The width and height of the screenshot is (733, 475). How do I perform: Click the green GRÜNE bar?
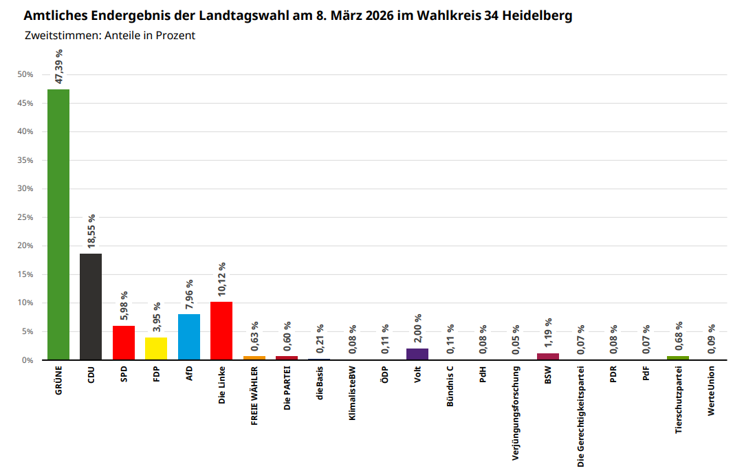(58, 224)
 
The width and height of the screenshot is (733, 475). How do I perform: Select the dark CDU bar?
(91, 307)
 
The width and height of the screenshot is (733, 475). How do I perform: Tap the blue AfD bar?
(189, 337)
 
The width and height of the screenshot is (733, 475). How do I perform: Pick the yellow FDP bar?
(156, 349)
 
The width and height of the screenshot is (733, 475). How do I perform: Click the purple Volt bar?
(417, 355)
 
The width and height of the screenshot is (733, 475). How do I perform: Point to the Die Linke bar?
(221, 331)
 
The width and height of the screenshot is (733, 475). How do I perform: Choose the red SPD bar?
(123, 343)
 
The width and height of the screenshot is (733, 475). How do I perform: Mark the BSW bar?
(548, 357)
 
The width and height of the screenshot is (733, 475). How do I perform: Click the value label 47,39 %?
(58, 67)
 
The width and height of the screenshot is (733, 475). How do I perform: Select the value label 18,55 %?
(91, 231)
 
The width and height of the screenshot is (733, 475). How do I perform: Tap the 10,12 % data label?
(221, 279)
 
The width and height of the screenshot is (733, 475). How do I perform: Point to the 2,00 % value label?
(417, 329)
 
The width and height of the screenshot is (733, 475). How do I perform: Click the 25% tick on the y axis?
(25, 217)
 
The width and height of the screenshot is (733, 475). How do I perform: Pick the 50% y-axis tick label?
(25, 74)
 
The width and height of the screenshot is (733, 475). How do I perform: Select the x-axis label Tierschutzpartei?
(678, 400)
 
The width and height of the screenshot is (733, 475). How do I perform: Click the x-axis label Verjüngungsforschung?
(515, 413)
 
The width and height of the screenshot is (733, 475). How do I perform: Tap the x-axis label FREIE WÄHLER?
(254, 395)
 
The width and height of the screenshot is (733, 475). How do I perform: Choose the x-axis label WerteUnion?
(711, 391)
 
